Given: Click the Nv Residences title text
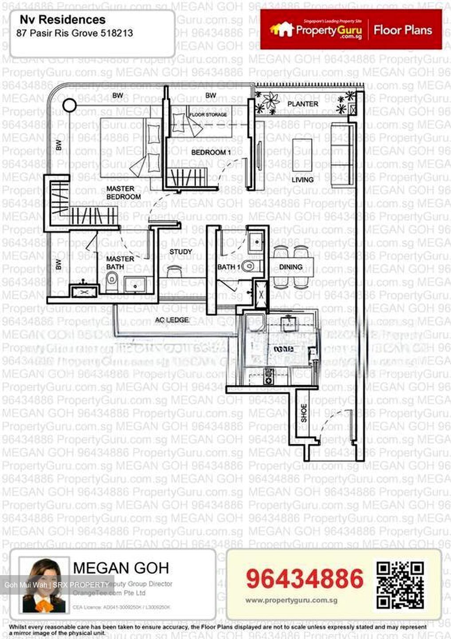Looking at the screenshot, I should tap(63, 20).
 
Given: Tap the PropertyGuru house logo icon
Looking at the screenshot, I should tap(282, 29).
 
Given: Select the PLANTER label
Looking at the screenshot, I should tap(302, 104).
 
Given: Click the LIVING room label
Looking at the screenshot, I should tap(302, 180).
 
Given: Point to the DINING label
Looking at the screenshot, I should tap(291, 267).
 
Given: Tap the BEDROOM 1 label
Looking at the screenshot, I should tap(211, 152).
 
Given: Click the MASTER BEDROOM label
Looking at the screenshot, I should tap(123, 193).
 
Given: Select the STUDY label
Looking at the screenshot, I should tap(180, 252).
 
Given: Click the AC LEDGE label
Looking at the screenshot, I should tap(172, 320).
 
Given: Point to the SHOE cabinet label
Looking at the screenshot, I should tap(304, 413).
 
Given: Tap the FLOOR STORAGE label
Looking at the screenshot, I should tap(208, 114).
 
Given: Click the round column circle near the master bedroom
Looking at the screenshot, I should tap(69, 105).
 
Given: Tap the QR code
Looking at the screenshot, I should tap(400, 585).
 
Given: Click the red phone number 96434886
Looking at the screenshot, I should tap(305, 579).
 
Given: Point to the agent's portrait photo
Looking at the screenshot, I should tap(43, 585).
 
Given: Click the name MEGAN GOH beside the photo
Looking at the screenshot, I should tap(121, 568).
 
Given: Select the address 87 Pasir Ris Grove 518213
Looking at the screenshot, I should tap(75, 33).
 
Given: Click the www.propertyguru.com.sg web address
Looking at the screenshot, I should tap(291, 600).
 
